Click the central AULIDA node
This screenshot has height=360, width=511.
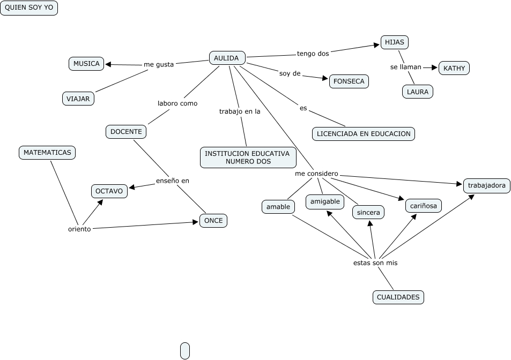tap(227, 58)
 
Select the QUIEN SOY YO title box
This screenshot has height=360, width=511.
tap(29, 8)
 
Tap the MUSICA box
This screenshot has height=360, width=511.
tap(86, 64)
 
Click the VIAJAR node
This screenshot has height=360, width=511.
tap(78, 99)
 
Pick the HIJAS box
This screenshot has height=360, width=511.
tap(395, 42)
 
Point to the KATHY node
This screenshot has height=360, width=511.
tap(454, 68)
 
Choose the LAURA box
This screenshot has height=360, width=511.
tap(417, 92)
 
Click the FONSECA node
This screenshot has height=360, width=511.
tap(349, 81)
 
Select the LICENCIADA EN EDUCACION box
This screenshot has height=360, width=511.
tap(364, 134)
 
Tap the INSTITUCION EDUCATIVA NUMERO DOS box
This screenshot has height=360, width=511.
tap(248, 157)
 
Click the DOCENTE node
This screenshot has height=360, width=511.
tap(126, 131)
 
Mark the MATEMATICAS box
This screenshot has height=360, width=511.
tap(47, 153)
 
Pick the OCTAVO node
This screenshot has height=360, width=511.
tap(109, 191)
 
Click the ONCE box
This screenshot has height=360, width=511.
tap(213, 221)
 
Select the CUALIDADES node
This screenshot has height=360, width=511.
tap(398, 297)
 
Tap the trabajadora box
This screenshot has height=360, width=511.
tap(486, 186)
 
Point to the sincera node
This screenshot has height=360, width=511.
tap(368, 213)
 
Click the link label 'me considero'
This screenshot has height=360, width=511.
tap(316, 174)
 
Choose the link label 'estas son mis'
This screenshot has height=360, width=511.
tap(375, 263)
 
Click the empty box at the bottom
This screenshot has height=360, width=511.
tap(185, 350)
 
